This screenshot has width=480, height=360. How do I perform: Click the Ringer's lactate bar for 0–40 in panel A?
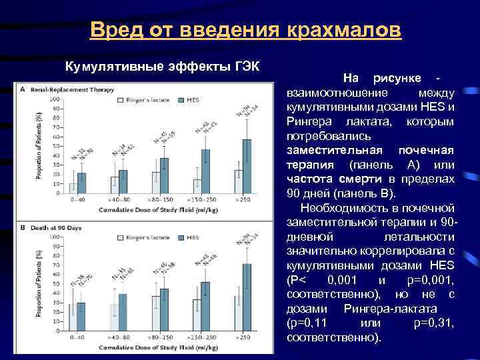tap(73, 188)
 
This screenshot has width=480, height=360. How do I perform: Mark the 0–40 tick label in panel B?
tap(77, 338)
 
